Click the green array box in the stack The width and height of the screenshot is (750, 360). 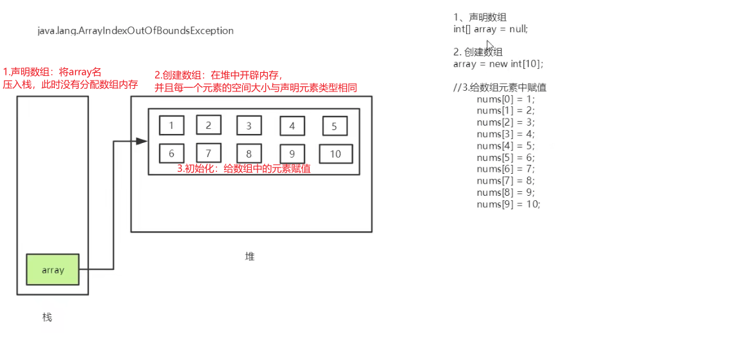53,270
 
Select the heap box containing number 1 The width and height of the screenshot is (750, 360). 171,126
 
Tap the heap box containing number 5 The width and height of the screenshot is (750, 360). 334,126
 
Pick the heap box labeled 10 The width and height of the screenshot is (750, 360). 335,154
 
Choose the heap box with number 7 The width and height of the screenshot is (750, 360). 209,153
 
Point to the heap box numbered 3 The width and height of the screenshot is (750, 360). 248,126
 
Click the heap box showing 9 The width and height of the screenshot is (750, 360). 292,154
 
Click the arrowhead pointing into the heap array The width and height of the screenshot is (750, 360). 142,141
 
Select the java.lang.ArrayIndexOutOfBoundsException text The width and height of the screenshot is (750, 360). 135,31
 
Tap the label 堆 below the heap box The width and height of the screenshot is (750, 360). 250,256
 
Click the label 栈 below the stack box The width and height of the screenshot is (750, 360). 47,317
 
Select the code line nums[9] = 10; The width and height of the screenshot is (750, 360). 509,204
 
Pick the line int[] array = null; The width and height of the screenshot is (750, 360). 491,29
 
